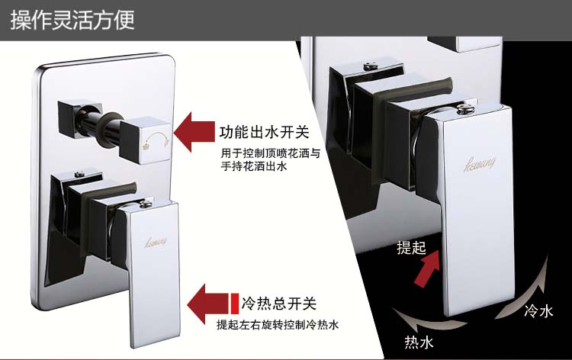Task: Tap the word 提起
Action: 409,248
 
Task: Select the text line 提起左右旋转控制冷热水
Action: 278,325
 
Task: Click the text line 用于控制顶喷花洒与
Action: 267,153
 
